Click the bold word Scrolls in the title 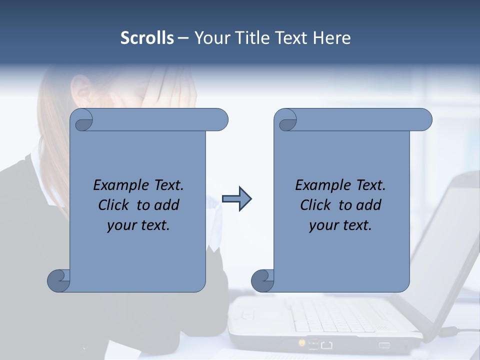[x=147, y=38]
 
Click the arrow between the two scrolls [x=236, y=199]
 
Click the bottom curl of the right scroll [x=262, y=280]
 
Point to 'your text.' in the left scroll [x=138, y=225]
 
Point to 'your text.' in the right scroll [x=340, y=225]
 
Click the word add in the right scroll [x=369, y=205]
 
